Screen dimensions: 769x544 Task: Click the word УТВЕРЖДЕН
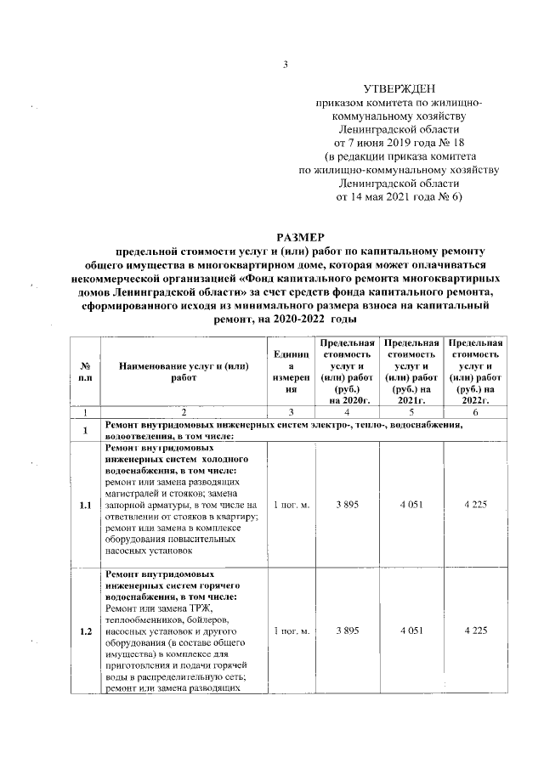click(398, 88)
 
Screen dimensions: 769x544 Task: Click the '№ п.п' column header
click(85, 370)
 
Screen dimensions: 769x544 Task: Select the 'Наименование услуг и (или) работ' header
click(183, 370)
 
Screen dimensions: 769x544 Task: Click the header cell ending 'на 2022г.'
click(475, 370)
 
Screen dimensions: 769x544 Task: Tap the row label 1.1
click(85, 506)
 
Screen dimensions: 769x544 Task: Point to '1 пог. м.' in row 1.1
click(291, 506)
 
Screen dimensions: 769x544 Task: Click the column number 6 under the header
click(475, 412)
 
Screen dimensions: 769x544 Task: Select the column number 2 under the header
click(183, 412)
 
